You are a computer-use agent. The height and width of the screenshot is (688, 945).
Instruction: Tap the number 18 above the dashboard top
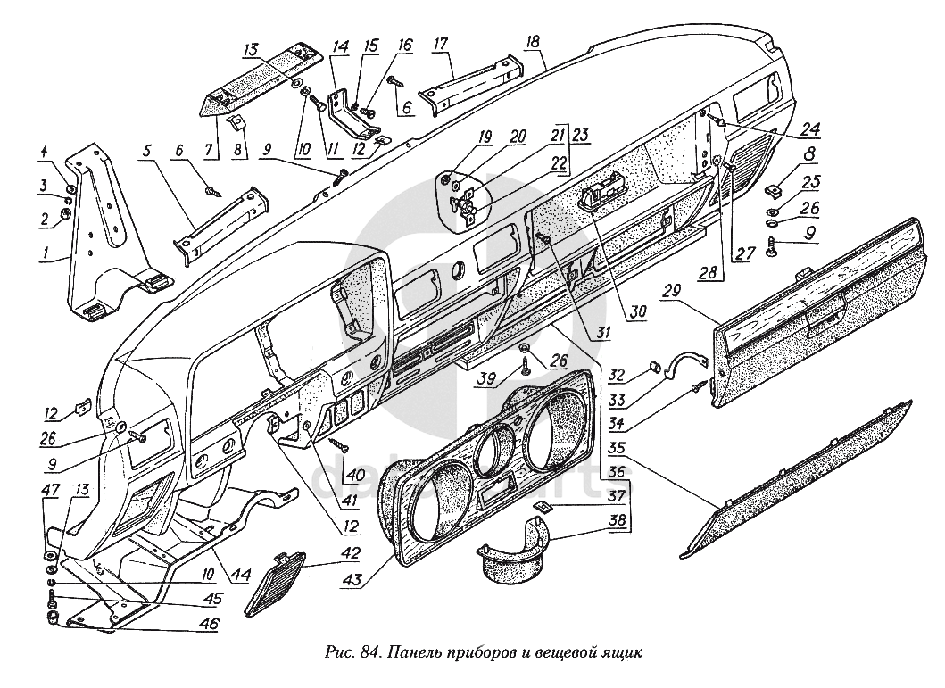tap(534, 42)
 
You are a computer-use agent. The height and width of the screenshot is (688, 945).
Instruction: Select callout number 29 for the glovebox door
tap(673, 290)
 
